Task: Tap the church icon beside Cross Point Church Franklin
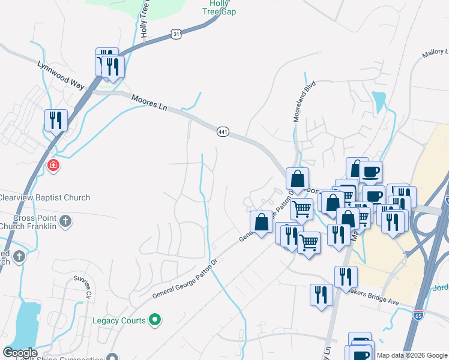tap(65, 222)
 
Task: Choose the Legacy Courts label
tap(119, 320)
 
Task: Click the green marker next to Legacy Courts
tap(155, 320)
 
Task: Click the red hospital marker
tap(53, 165)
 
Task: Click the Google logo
tap(20, 353)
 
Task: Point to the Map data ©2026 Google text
tap(411, 355)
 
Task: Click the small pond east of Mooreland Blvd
tap(379, 100)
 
